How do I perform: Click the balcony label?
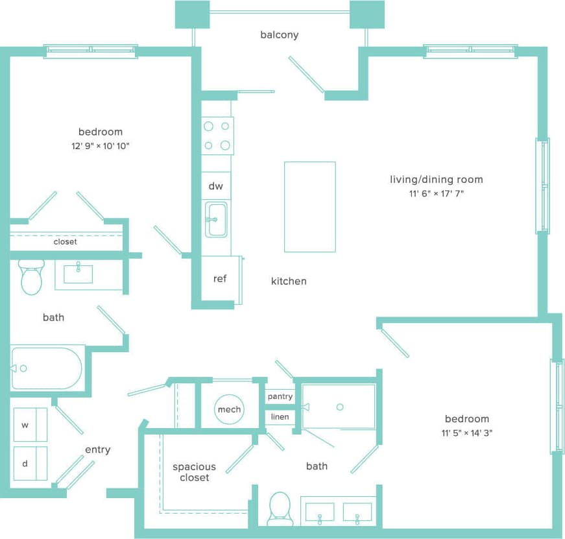(x=279, y=35)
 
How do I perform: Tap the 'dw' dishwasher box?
(x=216, y=186)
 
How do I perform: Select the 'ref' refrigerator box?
(x=220, y=279)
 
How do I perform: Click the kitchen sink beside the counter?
(x=216, y=219)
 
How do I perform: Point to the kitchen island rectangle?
(x=309, y=206)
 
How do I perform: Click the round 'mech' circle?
(x=229, y=409)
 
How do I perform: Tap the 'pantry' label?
(x=280, y=396)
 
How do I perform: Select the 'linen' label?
(x=280, y=417)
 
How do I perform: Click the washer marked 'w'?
(x=30, y=425)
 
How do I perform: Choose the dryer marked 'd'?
(x=30, y=463)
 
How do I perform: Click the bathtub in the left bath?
(x=47, y=368)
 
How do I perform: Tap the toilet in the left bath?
(x=31, y=277)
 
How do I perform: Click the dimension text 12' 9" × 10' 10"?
(x=101, y=146)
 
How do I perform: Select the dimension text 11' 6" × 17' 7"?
(x=436, y=193)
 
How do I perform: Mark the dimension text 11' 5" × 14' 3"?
(x=466, y=433)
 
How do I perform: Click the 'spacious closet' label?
(x=194, y=472)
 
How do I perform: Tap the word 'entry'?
(x=97, y=449)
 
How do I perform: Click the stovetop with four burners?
(x=217, y=136)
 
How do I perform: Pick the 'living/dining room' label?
(x=436, y=180)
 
